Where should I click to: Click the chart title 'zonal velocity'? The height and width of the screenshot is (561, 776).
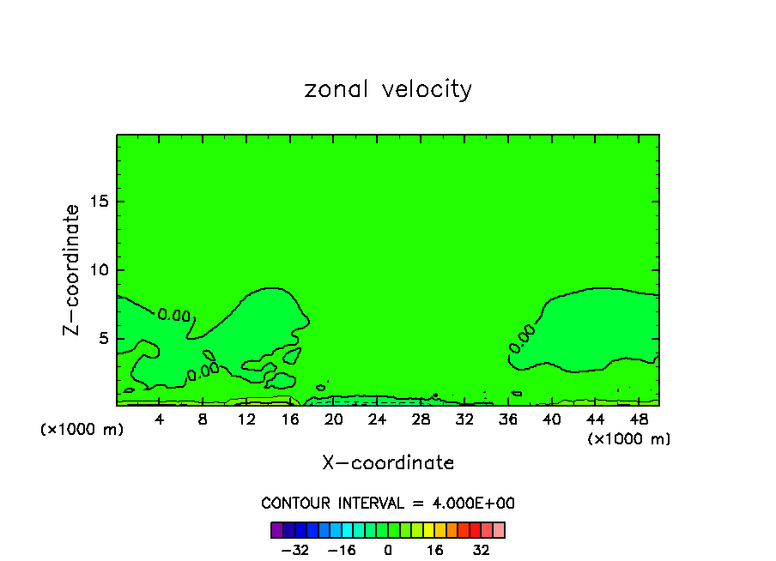coord(388,89)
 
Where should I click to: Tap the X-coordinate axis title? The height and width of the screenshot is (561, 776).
coord(388,463)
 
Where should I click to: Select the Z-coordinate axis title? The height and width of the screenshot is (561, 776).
coord(72,269)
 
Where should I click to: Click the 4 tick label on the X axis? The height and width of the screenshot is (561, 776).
coord(160,419)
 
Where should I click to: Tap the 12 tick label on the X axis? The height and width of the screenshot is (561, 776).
coord(246,419)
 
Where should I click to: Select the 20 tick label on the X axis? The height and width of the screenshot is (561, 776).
coord(334,419)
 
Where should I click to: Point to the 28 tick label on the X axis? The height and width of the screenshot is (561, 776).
coord(421,419)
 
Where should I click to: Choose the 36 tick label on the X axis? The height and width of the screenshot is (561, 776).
coord(507,419)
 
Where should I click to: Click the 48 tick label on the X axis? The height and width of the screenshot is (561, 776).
coord(638,419)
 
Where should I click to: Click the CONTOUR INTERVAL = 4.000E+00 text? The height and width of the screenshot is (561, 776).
coord(388,504)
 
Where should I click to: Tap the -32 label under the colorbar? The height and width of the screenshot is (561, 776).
coord(295,550)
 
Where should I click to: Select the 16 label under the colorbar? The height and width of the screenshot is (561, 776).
coord(435,550)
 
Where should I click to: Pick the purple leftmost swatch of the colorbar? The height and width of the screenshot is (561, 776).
coord(277,530)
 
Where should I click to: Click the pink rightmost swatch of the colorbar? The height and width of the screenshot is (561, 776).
coord(499,530)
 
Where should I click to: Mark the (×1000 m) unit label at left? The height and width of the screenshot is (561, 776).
coord(82,430)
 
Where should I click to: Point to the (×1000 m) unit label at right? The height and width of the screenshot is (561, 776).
coord(629,439)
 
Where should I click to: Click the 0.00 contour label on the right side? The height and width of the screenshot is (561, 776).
coord(521,338)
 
